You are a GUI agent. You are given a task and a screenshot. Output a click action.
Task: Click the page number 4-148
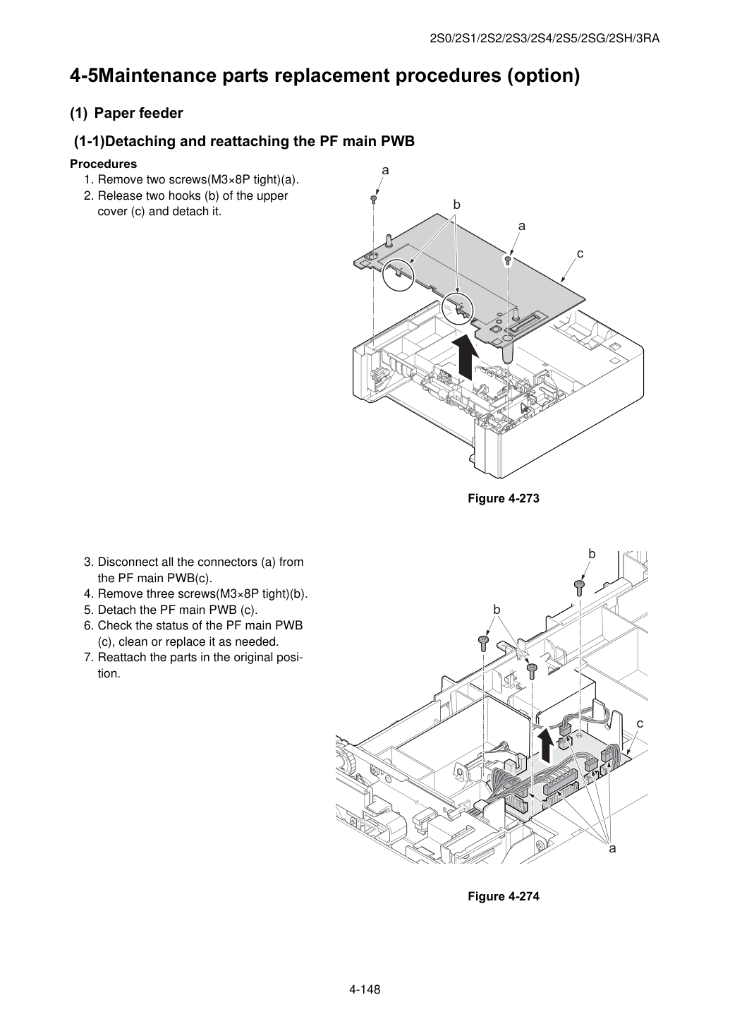click(x=365, y=989)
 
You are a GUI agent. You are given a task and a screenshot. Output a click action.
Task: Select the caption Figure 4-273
click(x=503, y=498)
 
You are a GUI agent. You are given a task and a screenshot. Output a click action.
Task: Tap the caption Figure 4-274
click(x=503, y=896)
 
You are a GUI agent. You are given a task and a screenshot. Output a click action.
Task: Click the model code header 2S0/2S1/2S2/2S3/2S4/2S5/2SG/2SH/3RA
click(x=545, y=39)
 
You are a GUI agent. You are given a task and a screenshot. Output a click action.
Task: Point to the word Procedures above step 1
click(x=104, y=164)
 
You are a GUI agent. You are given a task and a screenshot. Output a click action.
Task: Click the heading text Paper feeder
click(x=138, y=113)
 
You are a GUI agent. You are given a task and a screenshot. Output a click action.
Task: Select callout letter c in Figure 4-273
click(x=580, y=253)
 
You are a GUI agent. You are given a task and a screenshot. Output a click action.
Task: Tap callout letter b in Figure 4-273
click(x=456, y=205)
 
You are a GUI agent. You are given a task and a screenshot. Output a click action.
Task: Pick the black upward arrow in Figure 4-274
click(x=547, y=744)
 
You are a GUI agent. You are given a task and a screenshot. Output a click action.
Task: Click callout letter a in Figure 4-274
click(x=612, y=848)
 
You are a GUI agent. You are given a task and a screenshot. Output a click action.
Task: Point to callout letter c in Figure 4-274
click(x=640, y=724)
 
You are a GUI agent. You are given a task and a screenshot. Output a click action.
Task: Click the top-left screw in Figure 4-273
click(x=374, y=199)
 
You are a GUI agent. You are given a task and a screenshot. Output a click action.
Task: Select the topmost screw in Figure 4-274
click(x=579, y=588)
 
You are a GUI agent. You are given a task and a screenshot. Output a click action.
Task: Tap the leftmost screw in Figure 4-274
click(x=483, y=643)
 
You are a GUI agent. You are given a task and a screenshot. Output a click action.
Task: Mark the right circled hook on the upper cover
click(x=457, y=307)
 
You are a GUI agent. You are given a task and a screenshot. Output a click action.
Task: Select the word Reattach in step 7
click(x=121, y=657)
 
